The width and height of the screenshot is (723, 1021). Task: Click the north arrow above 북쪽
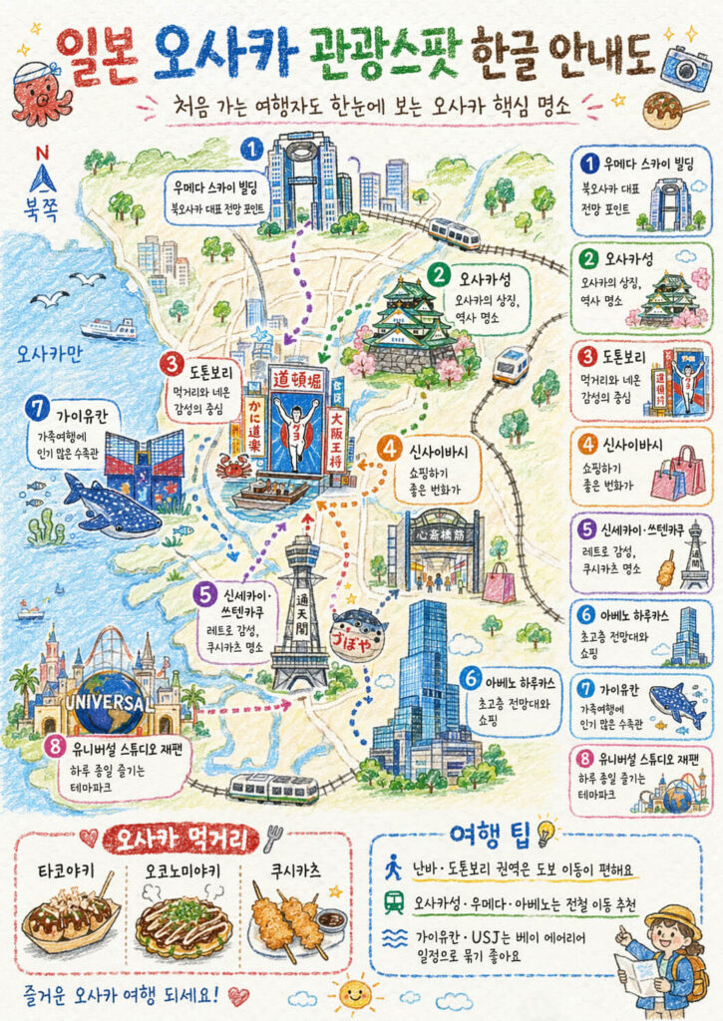[42, 178]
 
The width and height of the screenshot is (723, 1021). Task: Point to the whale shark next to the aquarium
[111, 507]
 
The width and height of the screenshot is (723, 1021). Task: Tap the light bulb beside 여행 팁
[546, 830]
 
